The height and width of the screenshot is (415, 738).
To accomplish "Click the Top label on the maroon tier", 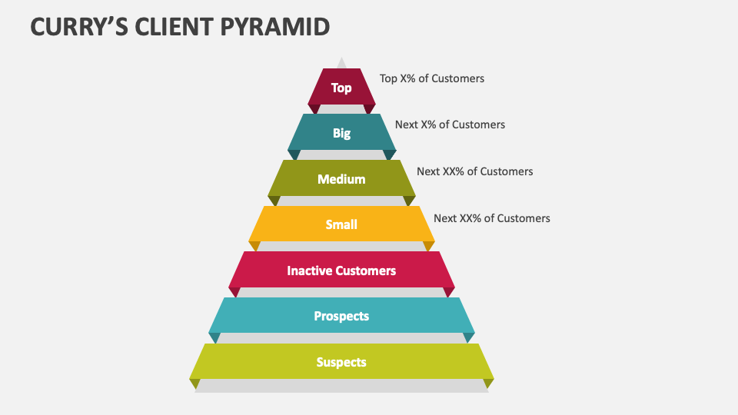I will [x=341, y=88].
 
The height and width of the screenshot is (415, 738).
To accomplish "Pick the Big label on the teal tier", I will [x=341, y=133].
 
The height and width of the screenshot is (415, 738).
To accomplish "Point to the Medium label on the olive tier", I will [x=341, y=179].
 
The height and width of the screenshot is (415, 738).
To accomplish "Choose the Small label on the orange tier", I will [x=341, y=224].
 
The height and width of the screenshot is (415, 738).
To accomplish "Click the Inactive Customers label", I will [x=341, y=271].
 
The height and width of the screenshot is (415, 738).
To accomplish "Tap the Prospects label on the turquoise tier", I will [x=341, y=316].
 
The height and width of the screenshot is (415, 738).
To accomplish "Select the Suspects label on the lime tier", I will [x=341, y=362].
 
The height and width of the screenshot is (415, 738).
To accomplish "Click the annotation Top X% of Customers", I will [x=432, y=78].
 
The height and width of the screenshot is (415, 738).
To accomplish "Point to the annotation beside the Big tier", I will [x=450, y=124].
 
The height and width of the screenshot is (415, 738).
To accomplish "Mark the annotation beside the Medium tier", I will [x=474, y=171].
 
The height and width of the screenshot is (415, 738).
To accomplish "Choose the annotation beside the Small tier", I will [x=492, y=218].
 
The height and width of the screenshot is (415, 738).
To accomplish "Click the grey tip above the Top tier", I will [x=341, y=63].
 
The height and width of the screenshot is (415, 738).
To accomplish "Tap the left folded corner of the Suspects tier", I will [x=195, y=383].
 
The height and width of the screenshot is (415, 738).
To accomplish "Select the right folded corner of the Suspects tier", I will [x=487, y=383].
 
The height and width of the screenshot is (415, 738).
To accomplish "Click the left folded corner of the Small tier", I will [x=254, y=245].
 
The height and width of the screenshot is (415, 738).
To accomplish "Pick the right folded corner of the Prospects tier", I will [x=469, y=337].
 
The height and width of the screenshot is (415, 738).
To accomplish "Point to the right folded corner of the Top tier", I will [x=370, y=108].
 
